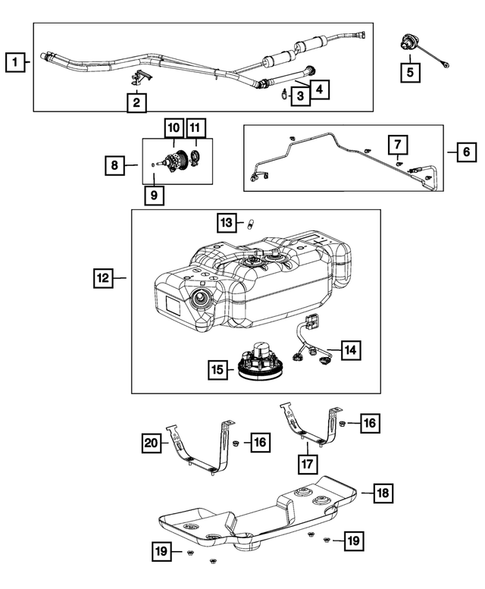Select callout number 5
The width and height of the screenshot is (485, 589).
pos(410,72)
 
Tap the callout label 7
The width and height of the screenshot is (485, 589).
pos(397,144)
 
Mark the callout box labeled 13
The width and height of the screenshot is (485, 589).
pos(227,221)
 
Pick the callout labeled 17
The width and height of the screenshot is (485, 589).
pos(308,464)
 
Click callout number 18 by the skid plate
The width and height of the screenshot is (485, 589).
pos(382,493)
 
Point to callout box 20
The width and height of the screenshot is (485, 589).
pos(151,441)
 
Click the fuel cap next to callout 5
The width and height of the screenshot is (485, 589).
pos(409,43)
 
